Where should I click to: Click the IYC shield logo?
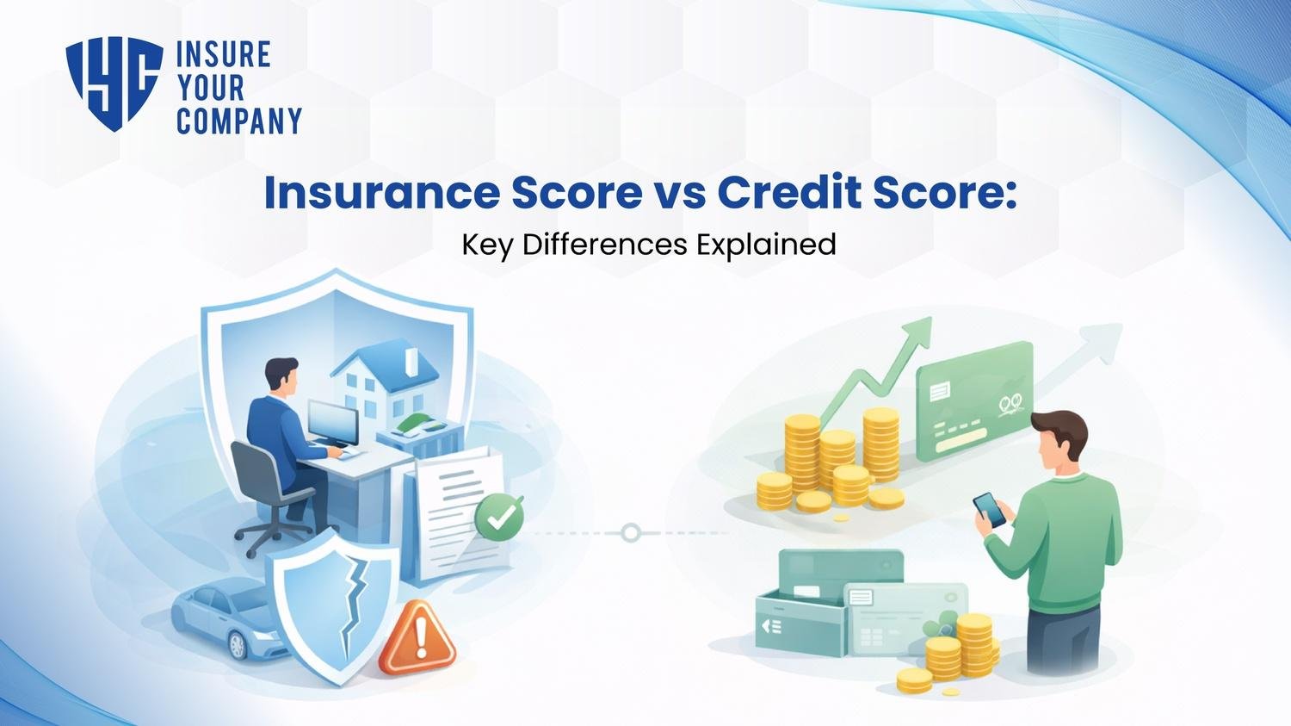click(x=114, y=84)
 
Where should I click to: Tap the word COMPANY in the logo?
click(x=239, y=121)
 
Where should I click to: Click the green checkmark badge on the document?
click(x=498, y=514)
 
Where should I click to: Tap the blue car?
click(x=228, y=620)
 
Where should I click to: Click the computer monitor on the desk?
click(x=333, y=422)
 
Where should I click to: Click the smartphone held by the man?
click(x=989, y=510)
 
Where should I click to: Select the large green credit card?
click(x=974, y=401)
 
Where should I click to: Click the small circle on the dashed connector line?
click(x=631, y=532)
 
